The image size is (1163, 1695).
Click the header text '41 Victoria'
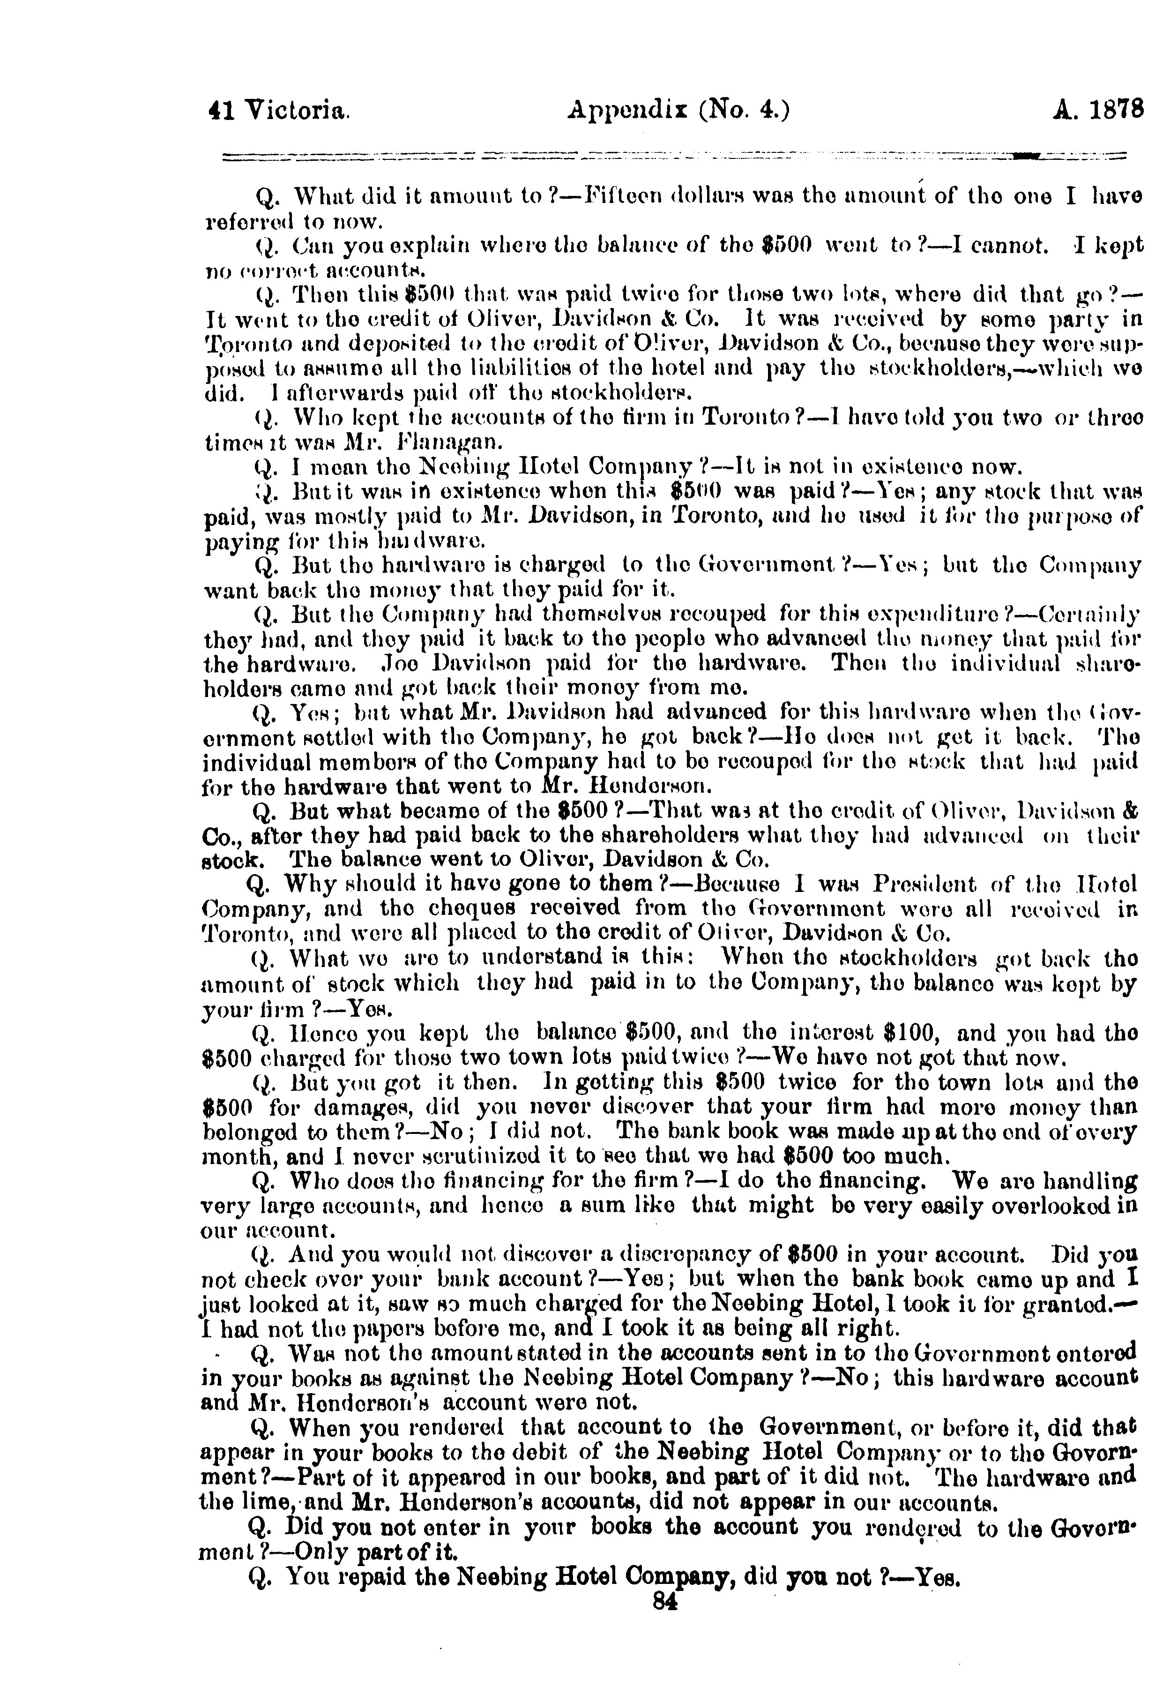[x=277, y=111]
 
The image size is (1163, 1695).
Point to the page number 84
[x=666, y=1600]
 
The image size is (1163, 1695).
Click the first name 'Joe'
[x=405, y=664]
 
